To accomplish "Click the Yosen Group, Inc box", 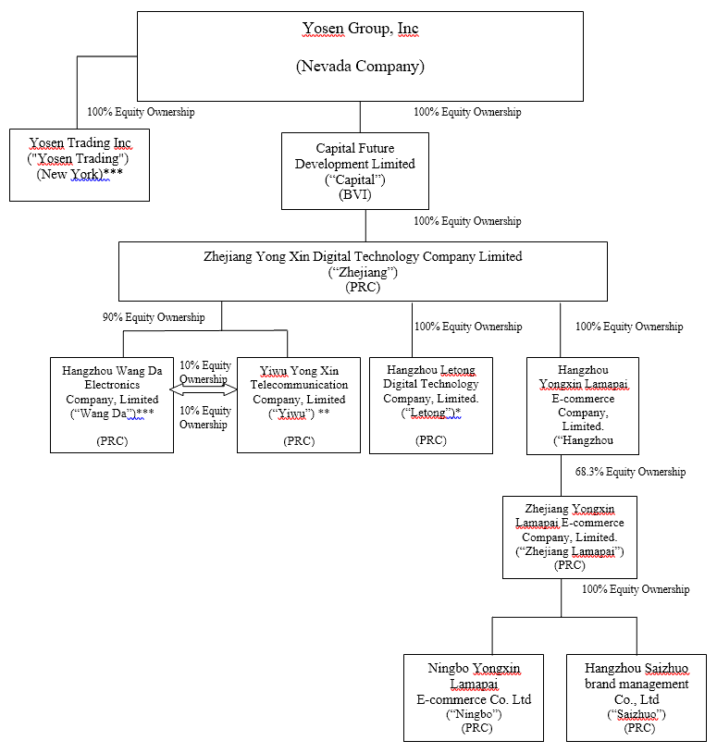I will [x=360, y=56].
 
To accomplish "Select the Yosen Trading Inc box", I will [x=80, y=165].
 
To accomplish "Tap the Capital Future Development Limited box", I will [x=355, y=170].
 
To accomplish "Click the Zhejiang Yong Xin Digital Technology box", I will [x=363, y=271].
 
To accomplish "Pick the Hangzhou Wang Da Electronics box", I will [x=112, y=405].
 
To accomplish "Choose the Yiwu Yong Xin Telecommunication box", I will [x=299, y=405].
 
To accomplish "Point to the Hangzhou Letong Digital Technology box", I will [x=431, y=405].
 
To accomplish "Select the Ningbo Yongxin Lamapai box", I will [x=474, y=697].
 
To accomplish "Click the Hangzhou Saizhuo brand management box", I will [x=637, y=697].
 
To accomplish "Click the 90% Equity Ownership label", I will [x=154, y=317].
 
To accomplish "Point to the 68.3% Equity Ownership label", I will [x=630, y=472].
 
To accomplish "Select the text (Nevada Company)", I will [x=360, y=67].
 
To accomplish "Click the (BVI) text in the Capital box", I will [x=355, y=194].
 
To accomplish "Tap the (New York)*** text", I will [x=80, y=175].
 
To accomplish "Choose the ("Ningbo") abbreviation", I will [x=474, y=714].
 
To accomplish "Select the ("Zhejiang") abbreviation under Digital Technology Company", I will [x=363, y=272].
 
